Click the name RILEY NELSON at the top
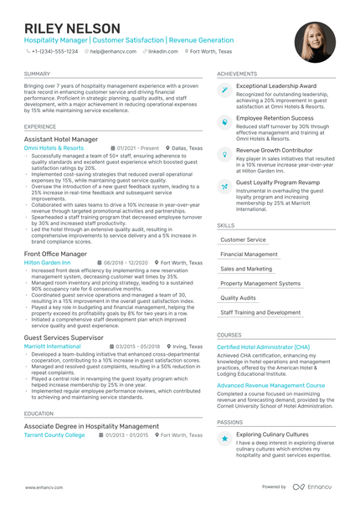point(72,28)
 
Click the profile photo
point(316,43)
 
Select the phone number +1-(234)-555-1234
point(54,51)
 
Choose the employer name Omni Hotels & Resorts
point(54,147)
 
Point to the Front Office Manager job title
point(55,253)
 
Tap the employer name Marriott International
point(53,345)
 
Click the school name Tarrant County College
point(54,434)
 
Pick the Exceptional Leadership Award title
point(276,85)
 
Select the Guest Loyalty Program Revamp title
point(278,182)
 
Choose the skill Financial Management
point(249,254)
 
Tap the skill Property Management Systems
point(260,283)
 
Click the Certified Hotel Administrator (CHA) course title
point(263,347)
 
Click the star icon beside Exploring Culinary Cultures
point(224,438)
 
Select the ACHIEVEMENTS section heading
point(237,74)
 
